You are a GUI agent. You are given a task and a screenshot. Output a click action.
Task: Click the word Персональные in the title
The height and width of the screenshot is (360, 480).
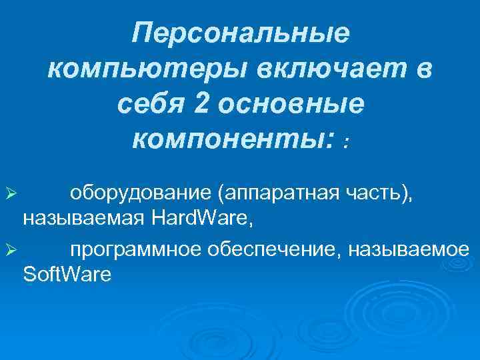click(240, 33)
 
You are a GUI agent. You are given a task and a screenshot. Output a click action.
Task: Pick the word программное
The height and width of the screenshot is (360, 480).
click(135, 250)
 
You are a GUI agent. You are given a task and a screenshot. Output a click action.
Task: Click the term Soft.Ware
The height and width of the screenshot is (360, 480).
click(67, 273)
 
